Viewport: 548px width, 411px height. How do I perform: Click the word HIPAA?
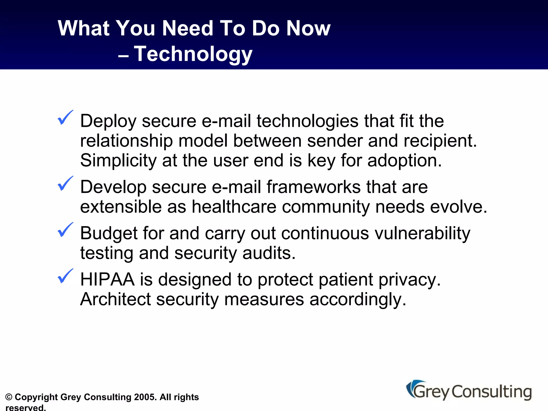[x=107, y=280]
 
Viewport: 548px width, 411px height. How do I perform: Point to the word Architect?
[x=115, y=299]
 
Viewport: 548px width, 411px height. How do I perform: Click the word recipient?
[x=440, y=141]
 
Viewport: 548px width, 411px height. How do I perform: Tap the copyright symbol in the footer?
[x=9, y=397]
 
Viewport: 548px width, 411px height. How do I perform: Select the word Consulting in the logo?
[x=492, y=392]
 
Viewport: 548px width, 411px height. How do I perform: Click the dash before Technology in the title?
[x=123, y=56]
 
